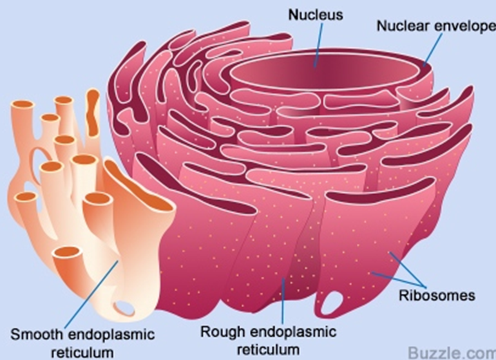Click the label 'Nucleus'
tap(315, 15)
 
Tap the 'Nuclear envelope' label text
tap(436, 26)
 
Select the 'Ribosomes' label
tap(437, 296)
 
